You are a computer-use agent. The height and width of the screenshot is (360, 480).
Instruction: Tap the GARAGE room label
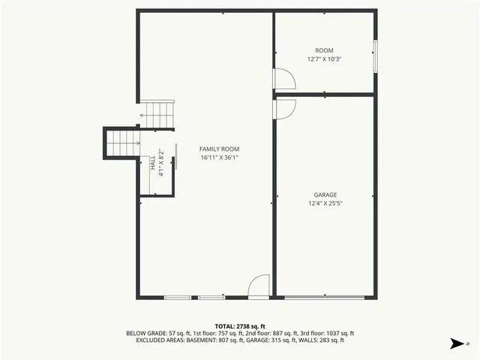coord(325,195)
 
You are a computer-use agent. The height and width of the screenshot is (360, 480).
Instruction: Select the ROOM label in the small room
coord(325,50)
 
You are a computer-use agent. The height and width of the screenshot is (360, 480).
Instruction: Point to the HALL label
coord(153,161)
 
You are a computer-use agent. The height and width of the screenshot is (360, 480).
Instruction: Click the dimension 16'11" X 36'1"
coord(219,158)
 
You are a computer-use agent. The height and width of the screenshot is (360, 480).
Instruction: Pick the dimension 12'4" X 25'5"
coord(325,203)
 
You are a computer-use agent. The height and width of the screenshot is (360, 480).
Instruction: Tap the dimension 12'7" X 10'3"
coord(325,58)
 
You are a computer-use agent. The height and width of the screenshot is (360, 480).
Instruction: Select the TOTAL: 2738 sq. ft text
coord(240,326)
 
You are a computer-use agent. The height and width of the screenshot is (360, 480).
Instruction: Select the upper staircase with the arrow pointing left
coord(160,115)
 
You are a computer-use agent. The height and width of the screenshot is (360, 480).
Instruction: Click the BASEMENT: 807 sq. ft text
coord(225,340)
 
